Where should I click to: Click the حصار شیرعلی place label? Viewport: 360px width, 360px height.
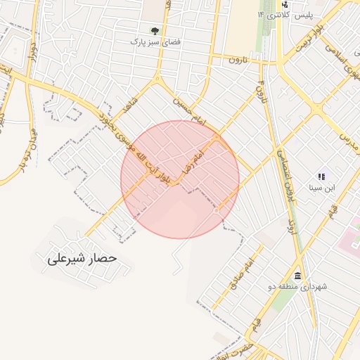[x=81, y=259]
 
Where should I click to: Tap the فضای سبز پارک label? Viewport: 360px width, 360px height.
[x=155, y=42]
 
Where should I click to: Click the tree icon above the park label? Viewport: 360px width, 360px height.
[x=155, y=31]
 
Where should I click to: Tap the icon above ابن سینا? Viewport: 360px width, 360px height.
[x=321, y=176]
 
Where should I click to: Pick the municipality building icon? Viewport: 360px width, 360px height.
[x=298, y=275]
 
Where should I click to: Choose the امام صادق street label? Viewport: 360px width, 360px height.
[x=240, y=274]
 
